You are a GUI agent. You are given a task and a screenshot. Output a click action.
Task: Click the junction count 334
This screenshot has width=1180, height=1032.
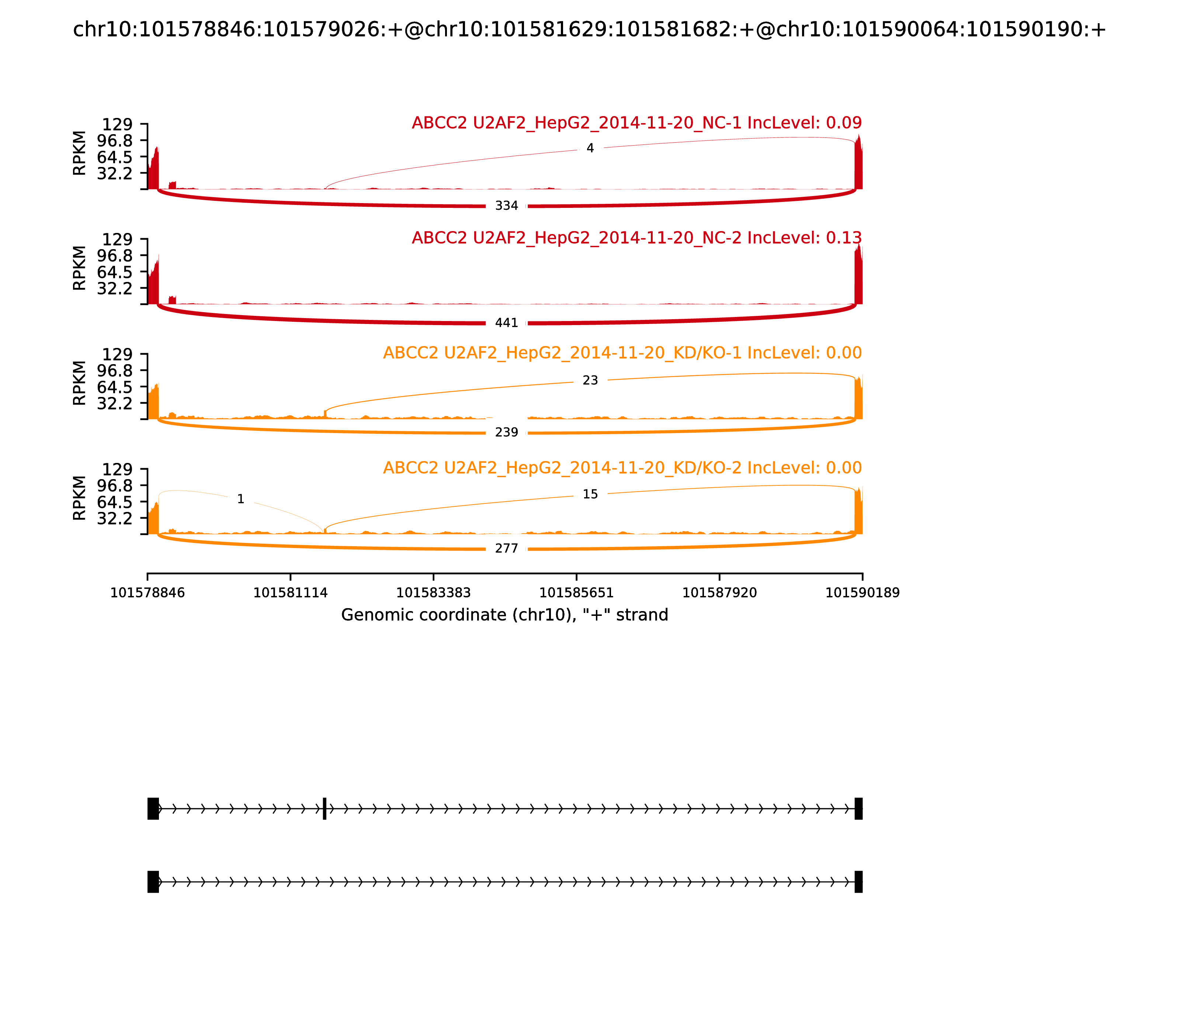(506, 206)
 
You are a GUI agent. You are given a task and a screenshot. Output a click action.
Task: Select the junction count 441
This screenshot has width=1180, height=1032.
(506, 323)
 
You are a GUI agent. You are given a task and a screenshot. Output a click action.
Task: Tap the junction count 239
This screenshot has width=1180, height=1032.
(506, 432)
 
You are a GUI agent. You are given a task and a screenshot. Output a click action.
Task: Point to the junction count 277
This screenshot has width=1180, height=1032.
(506, 549)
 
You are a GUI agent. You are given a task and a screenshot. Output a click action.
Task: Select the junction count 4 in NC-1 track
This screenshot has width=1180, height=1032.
(590, 149)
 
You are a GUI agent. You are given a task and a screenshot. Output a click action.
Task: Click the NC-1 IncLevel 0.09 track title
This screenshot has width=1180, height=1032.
(637, 123)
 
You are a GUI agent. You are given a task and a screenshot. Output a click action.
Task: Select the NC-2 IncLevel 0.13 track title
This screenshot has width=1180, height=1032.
(637, 238)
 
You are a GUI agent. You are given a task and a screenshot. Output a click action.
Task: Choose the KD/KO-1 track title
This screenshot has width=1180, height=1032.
(622, 353)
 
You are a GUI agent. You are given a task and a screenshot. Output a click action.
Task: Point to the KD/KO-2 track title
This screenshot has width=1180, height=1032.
(622, 468)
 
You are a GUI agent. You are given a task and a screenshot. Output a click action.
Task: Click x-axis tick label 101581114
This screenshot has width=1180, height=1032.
(291, 593)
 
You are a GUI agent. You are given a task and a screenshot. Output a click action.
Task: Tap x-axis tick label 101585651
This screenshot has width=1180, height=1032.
(576, 593)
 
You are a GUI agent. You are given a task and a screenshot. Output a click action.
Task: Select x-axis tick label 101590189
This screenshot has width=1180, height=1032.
(863, 593)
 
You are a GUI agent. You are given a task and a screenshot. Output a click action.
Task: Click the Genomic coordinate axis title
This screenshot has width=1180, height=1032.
(505, 616)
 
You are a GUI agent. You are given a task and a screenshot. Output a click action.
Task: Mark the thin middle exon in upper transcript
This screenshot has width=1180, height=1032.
(324, 809)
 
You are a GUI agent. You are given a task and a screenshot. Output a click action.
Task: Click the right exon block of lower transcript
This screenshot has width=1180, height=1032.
(858, 882)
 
